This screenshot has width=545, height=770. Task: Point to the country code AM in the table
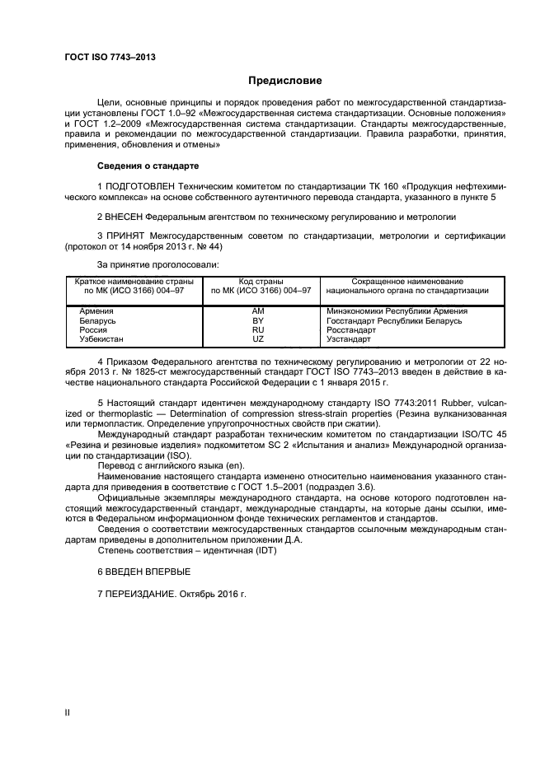(257, 311)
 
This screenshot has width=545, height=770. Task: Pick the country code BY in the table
(257, 320)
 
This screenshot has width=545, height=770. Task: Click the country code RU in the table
(257, 329)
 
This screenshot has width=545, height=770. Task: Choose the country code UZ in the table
(257, 338)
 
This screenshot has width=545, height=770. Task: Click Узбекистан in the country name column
(101, 338)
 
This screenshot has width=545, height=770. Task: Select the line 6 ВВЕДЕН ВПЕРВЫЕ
(144, 571)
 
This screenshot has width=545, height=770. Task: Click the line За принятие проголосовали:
(157, 264)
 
